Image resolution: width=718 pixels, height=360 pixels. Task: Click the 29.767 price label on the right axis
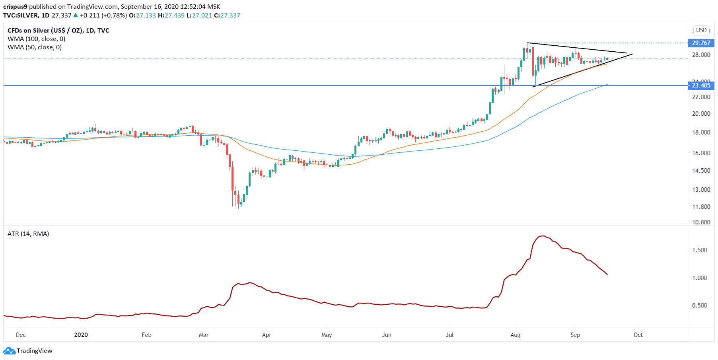click(700, 43)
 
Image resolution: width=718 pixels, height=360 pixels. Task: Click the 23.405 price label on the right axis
click(700, 86)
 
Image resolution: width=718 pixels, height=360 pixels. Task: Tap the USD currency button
click(701, 30)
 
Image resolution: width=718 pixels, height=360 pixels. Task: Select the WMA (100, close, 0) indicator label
click(36, 39)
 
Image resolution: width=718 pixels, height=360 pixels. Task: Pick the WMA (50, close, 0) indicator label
click(35, 47)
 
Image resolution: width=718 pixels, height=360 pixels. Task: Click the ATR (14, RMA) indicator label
click(28, 234)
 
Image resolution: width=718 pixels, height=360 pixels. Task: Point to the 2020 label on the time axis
click(81, 335)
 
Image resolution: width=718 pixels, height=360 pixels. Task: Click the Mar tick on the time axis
click(204, 335)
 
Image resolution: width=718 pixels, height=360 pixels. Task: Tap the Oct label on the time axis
click(638, 335)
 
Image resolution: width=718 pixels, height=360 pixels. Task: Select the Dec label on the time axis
click(21, 335)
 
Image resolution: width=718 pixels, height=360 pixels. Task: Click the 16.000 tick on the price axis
click(701, 153)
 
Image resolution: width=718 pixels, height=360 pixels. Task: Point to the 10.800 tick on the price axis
click(701, 222)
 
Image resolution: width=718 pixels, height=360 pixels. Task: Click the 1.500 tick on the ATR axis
click(699, 250)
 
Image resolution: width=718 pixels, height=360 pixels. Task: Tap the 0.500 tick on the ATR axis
click(699, 306)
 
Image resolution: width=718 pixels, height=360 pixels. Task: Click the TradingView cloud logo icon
click(9, 351)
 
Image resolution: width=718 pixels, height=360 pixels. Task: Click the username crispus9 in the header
click(15, 7)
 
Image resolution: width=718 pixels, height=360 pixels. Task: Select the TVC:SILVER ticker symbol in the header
click(21, 16)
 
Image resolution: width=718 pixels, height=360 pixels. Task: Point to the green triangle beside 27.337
click(76, 15)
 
